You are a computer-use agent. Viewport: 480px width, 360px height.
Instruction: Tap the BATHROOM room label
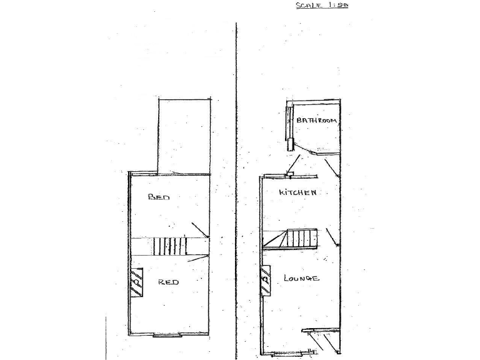pyautogui.click(x=317, y=120)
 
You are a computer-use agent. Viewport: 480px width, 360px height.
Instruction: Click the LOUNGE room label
pyautogui.click(x=302, y=277)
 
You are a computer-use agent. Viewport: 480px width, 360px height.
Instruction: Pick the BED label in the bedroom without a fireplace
pyautogui.click(x=159, y=197)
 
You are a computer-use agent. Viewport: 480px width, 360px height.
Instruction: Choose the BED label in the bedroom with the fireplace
pyautogui.click(x=168, y=282)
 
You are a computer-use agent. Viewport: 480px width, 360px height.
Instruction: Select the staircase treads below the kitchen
pyautogui.click(x=302, y=238)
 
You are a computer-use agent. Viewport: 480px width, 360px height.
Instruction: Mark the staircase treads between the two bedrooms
pyautogui.click(x=170, y=246)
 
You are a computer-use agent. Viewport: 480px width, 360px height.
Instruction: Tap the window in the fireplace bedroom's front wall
pyautogui.click(x=167, y=336)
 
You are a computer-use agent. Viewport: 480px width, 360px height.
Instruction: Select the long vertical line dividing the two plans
pyautogui.click(x=236, y=187)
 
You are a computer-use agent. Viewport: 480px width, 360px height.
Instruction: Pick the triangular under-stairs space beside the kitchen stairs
pyautogui.click(x=274, y=240)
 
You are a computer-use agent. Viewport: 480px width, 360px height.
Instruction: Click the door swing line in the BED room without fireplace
pyautogui.click(x=200, y=229)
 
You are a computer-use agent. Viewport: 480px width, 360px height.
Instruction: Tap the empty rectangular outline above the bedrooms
pyautogui.click(x=184, y=136)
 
